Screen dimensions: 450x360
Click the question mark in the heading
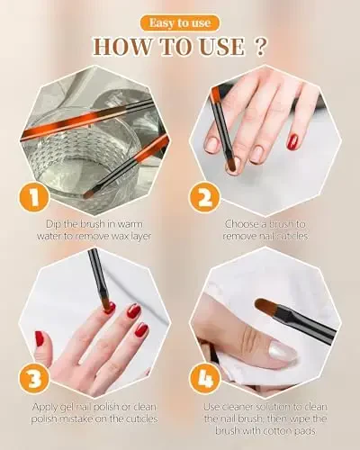(261, 46)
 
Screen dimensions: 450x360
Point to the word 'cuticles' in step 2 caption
(284, 236)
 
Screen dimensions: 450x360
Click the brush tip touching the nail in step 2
(230, 164)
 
